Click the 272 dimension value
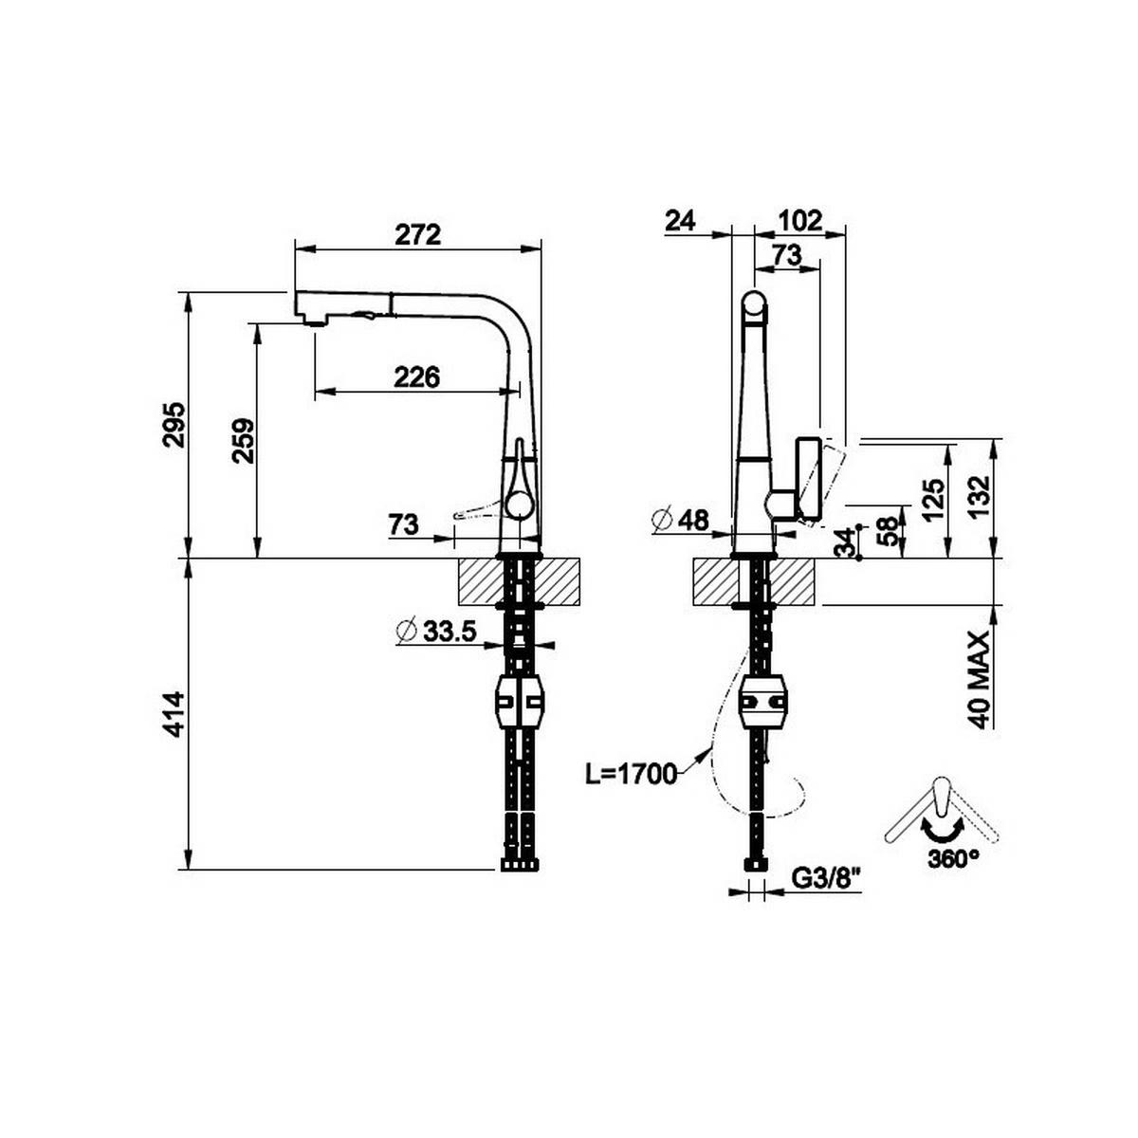coord(418,234)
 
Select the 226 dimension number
coord(417,377)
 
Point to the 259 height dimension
coord(243,440)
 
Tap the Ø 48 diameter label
coord(681,520)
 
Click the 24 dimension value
coord(680,220)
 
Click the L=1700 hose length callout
coord(631,774)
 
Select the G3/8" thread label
coord(825,879)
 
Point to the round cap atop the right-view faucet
coord(753,305)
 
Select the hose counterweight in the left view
coord(520,703)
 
